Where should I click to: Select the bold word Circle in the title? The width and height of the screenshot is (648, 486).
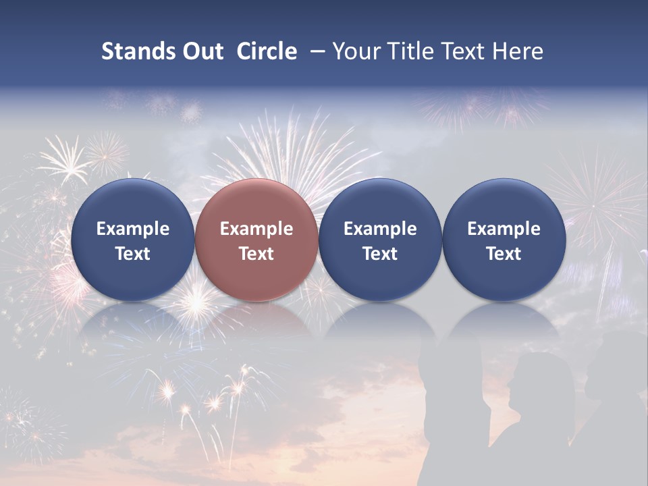pyautogui.click(x=267, y=52)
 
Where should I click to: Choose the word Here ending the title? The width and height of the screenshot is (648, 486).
pyautogui.click(x=518, y=52)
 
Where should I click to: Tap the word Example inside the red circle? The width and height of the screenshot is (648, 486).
pyautogui.click(x=256, y=229)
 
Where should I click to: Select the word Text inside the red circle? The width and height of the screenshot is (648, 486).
pyautogui.click(x=256, y=254)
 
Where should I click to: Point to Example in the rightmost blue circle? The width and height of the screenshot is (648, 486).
pyautogui.click(x=504, y=229)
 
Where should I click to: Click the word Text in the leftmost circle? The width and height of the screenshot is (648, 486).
pyautogui.click(x=132, y=254)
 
